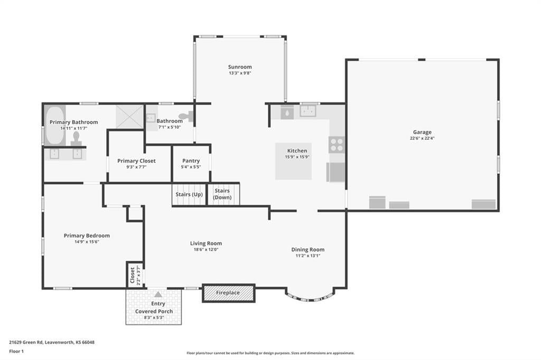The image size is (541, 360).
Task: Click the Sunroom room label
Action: (x=240, y=67)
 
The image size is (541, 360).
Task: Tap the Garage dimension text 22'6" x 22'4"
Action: (x=422, y=138)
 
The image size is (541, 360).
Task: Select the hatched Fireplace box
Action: (x=228, y=293)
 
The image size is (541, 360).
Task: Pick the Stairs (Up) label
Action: (x=189, y=194)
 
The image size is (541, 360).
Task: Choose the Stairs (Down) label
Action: (x=222, y=194)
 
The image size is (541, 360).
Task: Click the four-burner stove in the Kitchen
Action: (x=337, y=145)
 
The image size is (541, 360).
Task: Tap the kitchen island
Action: (x=293, y=161)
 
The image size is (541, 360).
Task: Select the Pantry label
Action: (x=191, y=160)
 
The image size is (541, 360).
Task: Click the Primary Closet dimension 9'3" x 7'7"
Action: (x=136, y=167)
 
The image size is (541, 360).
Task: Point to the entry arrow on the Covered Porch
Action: (x=158, y=294)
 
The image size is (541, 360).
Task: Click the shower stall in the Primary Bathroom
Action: (x=129, y=117)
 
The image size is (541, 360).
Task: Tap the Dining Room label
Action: (x=308, y=250)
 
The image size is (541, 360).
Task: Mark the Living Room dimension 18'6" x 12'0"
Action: (x=206, y=249)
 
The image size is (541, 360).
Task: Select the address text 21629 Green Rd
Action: (x=26, y=343)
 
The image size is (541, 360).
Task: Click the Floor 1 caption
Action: (x=16, y=352)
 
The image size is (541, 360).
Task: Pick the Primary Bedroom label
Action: (x=87, y=235)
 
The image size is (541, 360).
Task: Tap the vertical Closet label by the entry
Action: (x=132, y=275)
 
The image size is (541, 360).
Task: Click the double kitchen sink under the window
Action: (x=308, y=111)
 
